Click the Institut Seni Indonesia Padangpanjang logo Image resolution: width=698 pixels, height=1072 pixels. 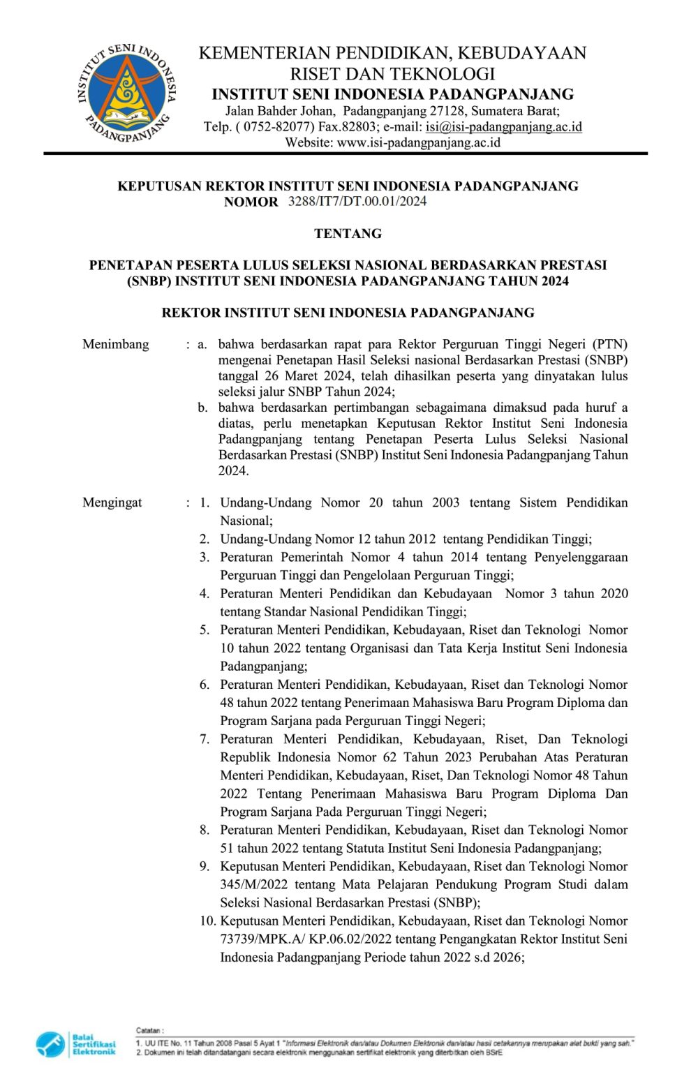coord(127,93)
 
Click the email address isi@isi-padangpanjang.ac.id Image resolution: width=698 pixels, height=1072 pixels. coord(503,126)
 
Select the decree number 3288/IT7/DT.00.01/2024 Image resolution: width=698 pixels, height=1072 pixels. coord(357,202)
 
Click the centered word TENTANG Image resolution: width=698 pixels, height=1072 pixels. coord(348,233)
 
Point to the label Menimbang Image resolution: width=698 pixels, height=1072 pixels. coord(116,344)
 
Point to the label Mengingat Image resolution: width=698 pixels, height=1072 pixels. coord(112,502)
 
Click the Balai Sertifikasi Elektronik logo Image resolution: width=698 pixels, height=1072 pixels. coord(75,1044)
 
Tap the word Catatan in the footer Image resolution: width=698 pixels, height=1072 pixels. coord(149,1030)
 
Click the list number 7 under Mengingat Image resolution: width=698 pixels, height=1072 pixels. coord(205,739)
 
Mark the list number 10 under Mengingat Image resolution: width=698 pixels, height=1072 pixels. coord(207,921)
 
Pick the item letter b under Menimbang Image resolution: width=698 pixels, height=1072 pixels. coord(202,408)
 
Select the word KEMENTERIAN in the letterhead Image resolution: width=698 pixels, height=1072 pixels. coord(264,53)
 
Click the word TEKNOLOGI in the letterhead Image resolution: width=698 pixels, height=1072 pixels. coord(443,74)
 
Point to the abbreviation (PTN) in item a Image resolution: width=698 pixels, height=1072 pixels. coord(610,344)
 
